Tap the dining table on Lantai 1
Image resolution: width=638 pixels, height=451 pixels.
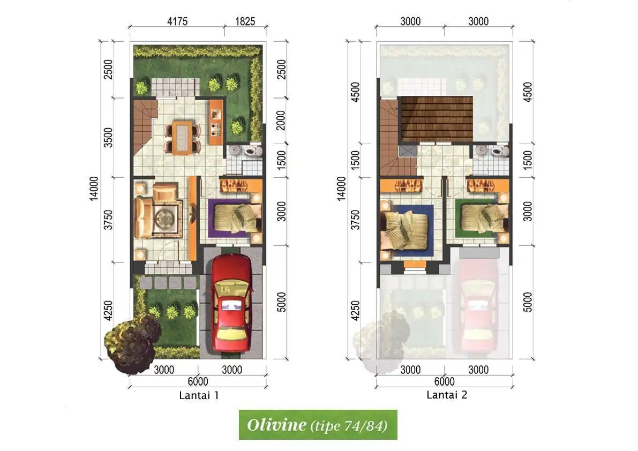[x=182, y=138]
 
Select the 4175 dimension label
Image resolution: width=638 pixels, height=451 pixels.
[x=177, y=22]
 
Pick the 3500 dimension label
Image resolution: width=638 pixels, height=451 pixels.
[x=108, y=138]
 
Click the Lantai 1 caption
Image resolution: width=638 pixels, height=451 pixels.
[x=198, y=396]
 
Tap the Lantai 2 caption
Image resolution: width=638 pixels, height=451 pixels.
[x=447, y=395]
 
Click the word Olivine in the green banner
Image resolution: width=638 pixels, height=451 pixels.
[x=276, y=425]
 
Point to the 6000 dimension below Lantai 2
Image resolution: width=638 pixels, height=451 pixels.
[x=444, y=381]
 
